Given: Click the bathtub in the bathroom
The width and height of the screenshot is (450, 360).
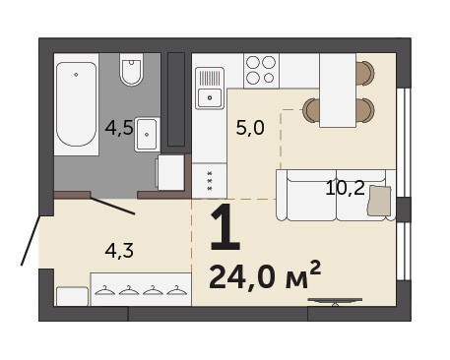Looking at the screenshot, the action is coord(77,104).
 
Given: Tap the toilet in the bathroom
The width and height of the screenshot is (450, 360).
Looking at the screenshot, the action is coord(131,70).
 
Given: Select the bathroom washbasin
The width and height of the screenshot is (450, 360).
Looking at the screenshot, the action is coord(147,135).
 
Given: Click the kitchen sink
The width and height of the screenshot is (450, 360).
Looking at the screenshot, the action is coord(210,89).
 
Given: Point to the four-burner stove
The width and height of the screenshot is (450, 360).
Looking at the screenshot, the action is coord(261,71).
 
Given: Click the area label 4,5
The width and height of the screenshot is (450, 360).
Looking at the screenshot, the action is coord(119,128).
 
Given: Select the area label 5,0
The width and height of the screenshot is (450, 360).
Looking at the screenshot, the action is coord(250,128).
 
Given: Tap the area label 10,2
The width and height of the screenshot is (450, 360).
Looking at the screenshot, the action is coord(345,188).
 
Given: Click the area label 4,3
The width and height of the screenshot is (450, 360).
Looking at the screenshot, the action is coord(119,251).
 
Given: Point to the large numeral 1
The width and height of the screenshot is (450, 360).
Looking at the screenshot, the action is coord(225,227).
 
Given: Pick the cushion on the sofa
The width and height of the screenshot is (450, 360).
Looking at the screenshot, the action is coord(379,201).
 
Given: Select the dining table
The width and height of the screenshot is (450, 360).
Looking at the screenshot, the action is coord(338,90).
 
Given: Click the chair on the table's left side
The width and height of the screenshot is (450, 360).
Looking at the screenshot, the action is coord(311,110).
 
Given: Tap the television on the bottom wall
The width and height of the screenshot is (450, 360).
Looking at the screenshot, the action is coord(335,301).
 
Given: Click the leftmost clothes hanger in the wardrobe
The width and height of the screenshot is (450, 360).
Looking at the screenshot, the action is coord(105,291).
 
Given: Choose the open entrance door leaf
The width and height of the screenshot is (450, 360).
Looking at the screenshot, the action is coord(31,240).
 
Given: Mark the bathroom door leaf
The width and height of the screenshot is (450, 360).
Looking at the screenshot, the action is coord(112,207).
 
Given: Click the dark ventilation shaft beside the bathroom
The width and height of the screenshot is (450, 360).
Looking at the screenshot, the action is coord(176,99).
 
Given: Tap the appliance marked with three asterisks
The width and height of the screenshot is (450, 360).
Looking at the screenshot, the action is coord(210,181).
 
